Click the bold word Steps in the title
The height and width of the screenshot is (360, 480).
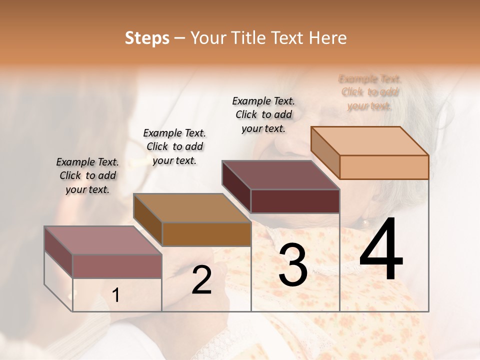point(147,38)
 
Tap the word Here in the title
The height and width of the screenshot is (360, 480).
point(328,38)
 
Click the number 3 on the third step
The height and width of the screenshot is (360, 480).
point(293,265)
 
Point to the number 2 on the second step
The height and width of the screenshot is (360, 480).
point(201,280)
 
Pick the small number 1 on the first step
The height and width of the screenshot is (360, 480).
point(116,295)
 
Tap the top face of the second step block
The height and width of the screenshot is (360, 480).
point(192,208)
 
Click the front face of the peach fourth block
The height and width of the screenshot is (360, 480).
point(384,167)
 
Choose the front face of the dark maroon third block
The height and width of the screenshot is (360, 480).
point(295,201)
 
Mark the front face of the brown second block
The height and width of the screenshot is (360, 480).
point(206,234)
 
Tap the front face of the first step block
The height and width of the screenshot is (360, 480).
point(117,266)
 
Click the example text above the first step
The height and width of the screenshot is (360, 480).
point(87,175)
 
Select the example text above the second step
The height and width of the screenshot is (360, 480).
point(174,146)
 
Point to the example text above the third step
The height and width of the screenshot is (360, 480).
point(263,114)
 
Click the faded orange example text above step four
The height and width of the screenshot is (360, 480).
point(370,92)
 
